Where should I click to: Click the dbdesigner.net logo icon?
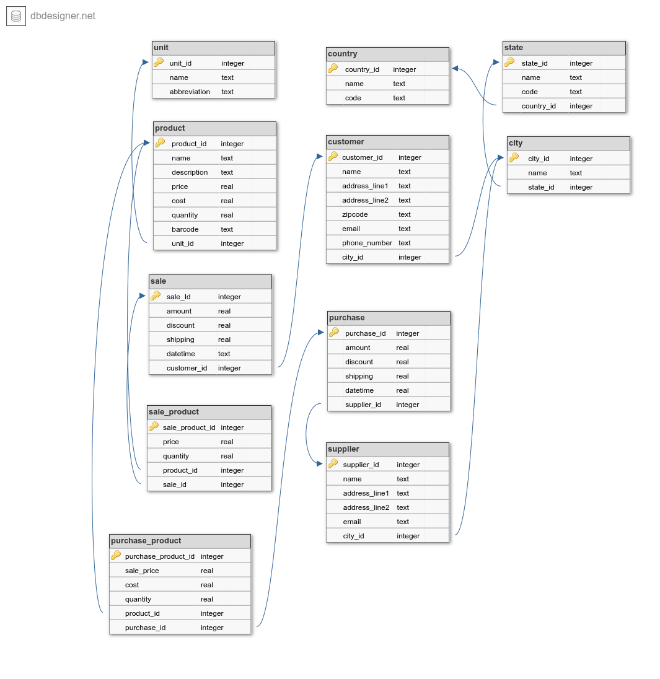(x=16, y=16)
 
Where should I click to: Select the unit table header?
(x=213, y=48)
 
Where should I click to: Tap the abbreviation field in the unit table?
(x=190, y=92)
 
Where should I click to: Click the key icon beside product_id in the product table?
(x=160, y=143)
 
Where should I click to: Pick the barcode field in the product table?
(x=185, y=229)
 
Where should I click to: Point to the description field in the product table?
(x=190, y=172)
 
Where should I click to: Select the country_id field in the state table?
(x=539, y=106)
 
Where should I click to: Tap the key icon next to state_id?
(x=509, y=63)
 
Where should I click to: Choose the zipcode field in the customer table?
(x=355, y=214)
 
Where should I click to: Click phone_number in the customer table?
(x=367, y=243)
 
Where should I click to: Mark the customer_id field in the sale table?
(x=187, y=368)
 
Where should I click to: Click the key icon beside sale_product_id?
(x=154, y=427)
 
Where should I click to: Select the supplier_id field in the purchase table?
(x=363, y=405)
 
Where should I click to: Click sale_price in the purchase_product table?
(x=142, y=571)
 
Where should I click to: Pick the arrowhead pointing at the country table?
(x=455, y=69)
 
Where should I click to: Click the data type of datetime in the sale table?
(x=224, y=354)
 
